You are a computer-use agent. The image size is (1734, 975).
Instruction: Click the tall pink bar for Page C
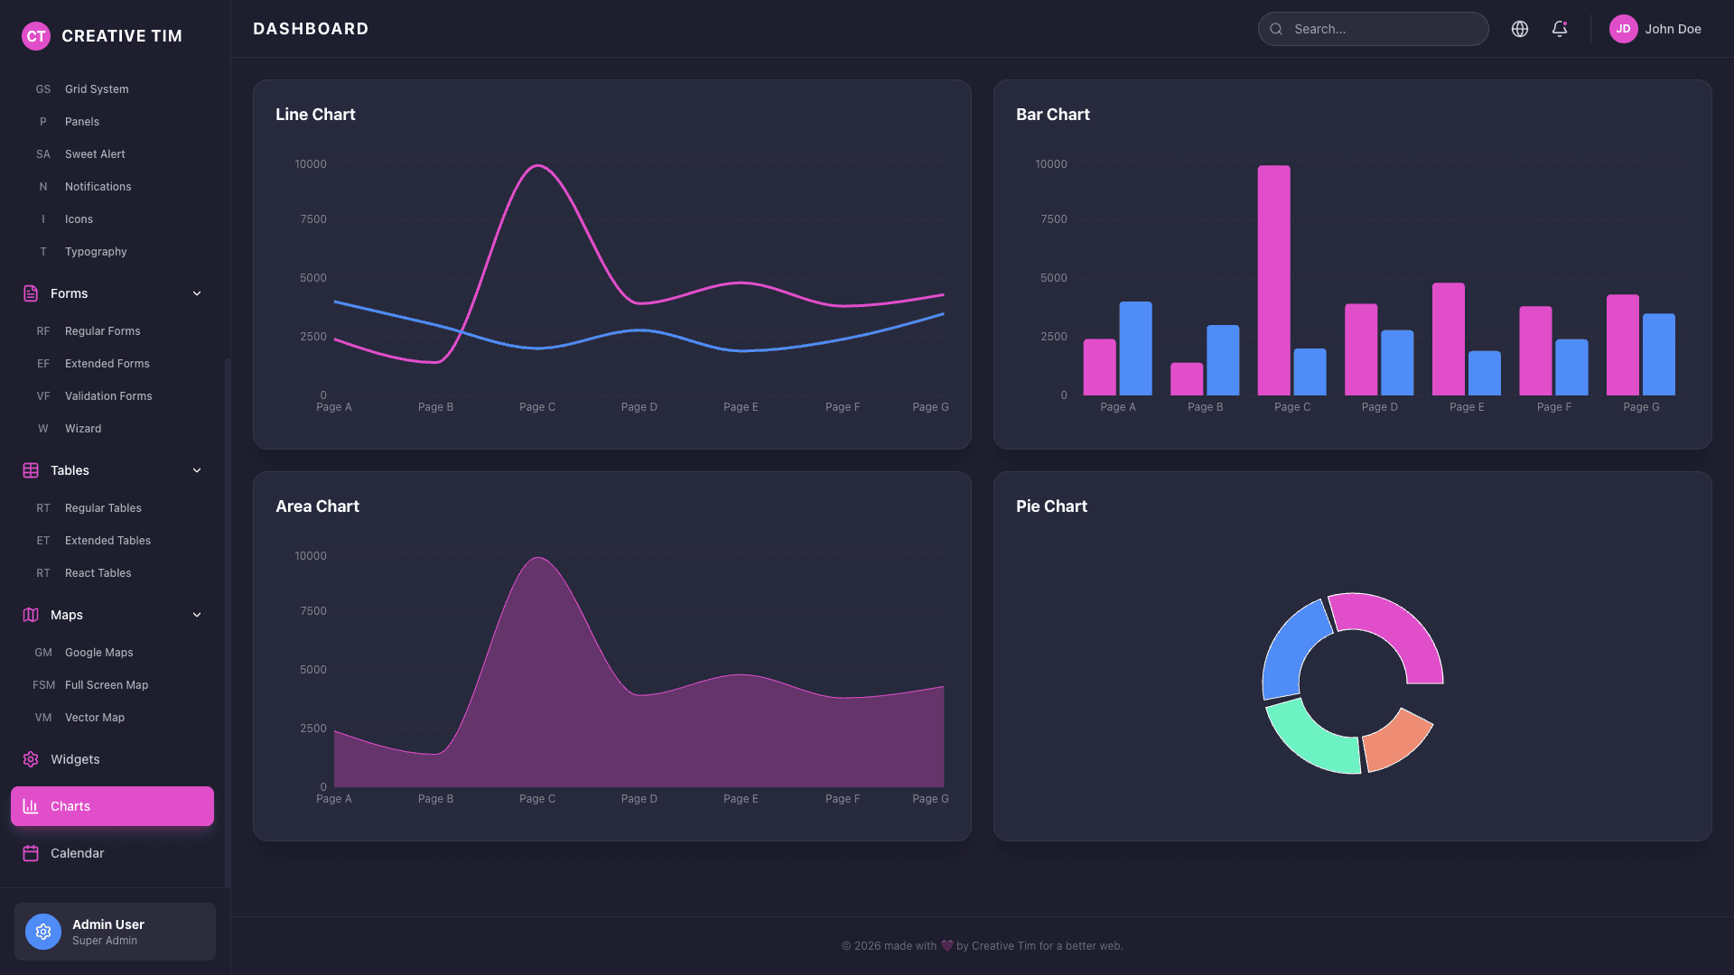tap(1273, 280)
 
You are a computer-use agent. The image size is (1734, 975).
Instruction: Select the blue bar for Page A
tap(1135, 348)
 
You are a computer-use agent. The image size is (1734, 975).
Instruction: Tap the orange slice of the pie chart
tap(1396, 739)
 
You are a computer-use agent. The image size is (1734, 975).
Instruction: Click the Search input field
tap(1382, 29)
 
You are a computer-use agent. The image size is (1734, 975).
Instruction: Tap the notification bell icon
tap(1560, 29)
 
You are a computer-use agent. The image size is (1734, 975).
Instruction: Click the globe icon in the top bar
tap(1520, 29)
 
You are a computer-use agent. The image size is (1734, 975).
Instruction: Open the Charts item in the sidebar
tap(112, 806)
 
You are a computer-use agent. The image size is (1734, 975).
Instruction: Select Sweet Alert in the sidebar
tap(95, 154)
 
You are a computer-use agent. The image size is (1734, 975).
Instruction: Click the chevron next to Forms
tap(197, 293)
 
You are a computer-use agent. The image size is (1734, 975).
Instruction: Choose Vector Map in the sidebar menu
tap(95, 718)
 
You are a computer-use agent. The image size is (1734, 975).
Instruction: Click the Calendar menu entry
tap(77, 853)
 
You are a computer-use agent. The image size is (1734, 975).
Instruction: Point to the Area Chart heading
tap(317, 506)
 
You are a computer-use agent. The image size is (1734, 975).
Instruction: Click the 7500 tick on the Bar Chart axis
tap(1053, 219)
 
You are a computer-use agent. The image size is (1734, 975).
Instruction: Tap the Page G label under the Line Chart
tap(930, 407)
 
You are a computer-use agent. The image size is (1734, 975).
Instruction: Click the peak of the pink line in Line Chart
tap(537, 166)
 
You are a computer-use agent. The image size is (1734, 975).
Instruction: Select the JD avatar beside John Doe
tap(1623, 29)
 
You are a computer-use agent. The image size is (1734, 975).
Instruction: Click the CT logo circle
tap(36, 36)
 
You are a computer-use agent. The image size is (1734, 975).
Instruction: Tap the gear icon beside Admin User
tap(43, 932)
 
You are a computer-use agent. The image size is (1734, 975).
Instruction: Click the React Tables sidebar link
tap(98, 573)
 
